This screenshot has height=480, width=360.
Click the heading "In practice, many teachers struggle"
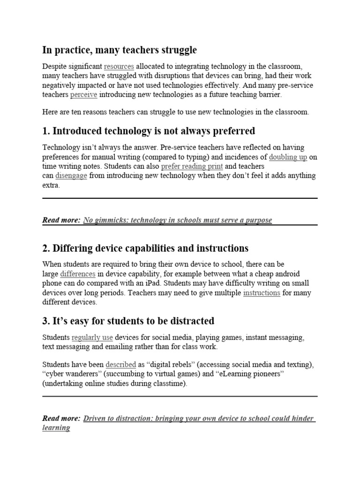click(x=120, y=50)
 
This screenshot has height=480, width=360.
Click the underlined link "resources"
click(x=119, y=66)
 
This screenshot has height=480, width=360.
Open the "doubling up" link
click(x=288, y=157)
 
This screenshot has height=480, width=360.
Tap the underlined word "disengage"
click(x=71, y=176)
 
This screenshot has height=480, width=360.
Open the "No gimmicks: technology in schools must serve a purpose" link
click(x=177, y=220)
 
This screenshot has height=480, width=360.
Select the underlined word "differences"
click(x=78, y=274)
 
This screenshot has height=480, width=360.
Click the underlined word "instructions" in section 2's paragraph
click(x=262, y=293)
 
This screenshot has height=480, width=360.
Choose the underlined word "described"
click(x=121, y=364)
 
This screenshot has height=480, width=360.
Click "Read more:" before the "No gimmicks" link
click(x=61, y=220)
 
